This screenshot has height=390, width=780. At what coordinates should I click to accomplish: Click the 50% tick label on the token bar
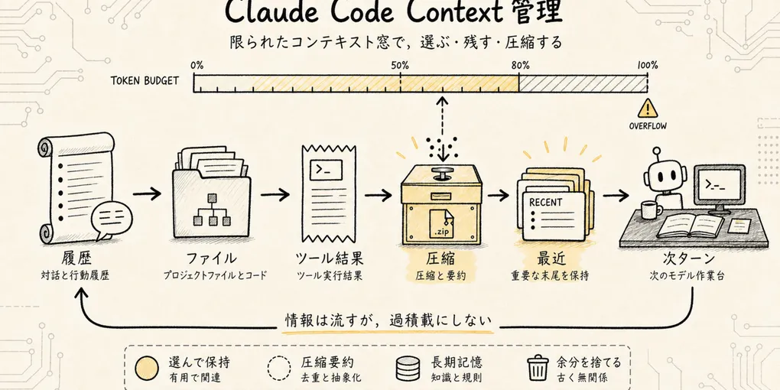click(x=400, y=66)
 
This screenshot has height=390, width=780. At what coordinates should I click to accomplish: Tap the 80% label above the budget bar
click(x=520, y=66)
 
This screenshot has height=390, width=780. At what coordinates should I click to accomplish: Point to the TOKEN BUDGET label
click(x=145, y=80)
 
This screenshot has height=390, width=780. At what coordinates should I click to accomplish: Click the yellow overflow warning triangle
click(x=647, y=108)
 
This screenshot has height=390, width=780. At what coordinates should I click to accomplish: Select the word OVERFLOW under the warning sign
click(x=648, y=126)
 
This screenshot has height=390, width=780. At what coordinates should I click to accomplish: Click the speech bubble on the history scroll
click(x=112, y=219)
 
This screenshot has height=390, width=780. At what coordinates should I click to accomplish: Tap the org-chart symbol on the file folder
click(x=213, y=211)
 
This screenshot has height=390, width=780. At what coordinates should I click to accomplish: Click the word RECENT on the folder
click(x=546, y=203)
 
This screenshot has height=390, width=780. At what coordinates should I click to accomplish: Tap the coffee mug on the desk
click(x=650, y=210)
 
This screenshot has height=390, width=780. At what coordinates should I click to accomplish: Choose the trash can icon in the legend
click(x=538, y=368)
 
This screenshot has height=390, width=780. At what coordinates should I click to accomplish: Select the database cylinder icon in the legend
click(x=406, y=368)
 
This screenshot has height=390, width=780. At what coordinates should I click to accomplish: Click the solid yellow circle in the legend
click(x=147, y=368)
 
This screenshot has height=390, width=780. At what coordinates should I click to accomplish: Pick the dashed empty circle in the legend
click(x=279, y=368)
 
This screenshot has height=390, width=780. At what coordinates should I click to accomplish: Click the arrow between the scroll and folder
click(x=148, y=193)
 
